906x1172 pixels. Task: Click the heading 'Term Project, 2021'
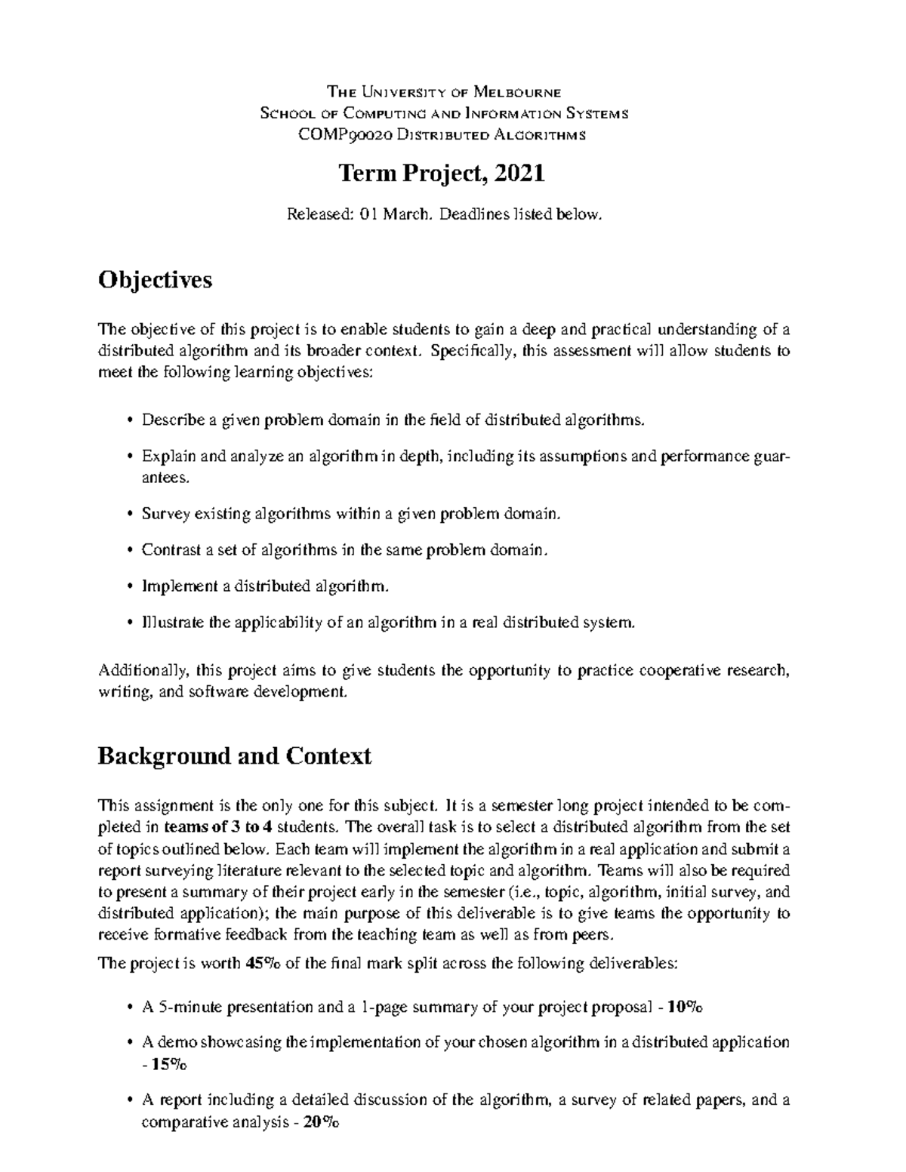click(x=442, y=174)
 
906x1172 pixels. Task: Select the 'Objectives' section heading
click(x=155, y=280)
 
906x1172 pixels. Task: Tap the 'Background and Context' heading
click(x=234, y=755)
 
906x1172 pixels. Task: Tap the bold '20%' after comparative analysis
click(x=321, y=1121)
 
